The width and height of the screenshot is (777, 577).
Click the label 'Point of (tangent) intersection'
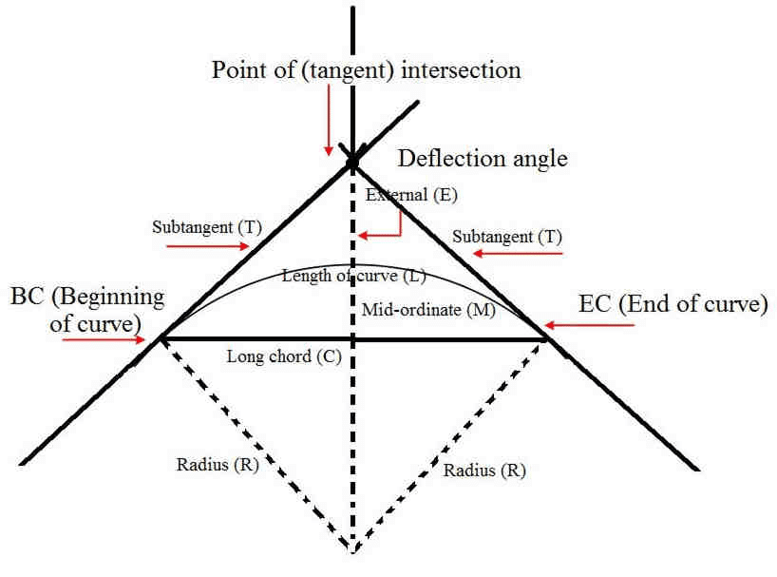pos(366,71)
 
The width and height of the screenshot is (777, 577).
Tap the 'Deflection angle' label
pos(482,158)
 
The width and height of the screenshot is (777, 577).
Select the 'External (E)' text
pos(411,196)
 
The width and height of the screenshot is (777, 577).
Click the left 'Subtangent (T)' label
pos(206,227)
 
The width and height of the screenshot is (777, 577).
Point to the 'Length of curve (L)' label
pos(353,277)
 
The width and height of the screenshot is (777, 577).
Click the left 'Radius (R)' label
pos(218,465)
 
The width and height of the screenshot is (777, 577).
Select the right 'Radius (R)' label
pos(484,470)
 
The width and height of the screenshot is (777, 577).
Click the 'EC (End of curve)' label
pos(673,305)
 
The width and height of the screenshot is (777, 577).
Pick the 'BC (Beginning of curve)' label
pos(86,309)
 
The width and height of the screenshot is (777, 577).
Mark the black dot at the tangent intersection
pos(352,164)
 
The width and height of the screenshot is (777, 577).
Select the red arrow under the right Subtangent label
pos(517,254)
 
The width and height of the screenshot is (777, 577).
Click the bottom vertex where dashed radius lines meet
pos(352,550)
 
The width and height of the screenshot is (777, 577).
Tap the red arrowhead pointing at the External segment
pos(366,237)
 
